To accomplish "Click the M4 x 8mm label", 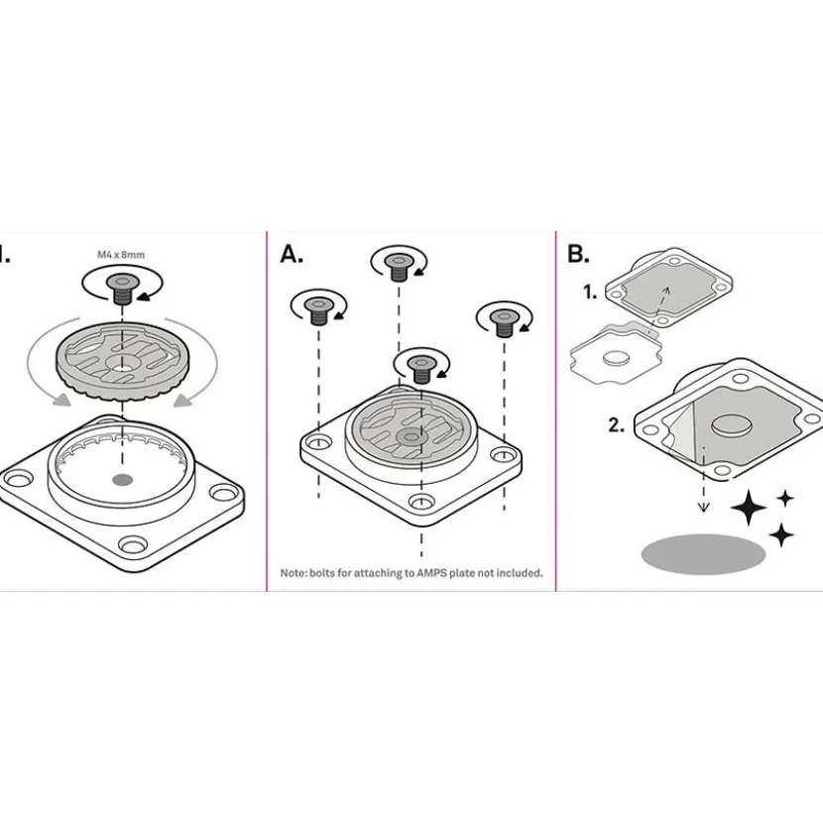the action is [x=121, y=255].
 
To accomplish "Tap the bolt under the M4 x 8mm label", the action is [x=122, y=290].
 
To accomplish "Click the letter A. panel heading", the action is [x=292, y=254].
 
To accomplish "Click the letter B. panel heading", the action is [x=578, y=254].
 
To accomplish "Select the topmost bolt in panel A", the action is [x=399, y=267].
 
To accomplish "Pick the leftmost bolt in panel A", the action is [x=318, y=311].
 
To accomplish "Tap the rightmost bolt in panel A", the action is [x=505, y=323].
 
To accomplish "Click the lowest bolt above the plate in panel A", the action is [x=421, y=370].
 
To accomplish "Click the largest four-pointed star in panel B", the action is [x=749, y=507].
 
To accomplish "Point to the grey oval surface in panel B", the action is [x=703, y=553].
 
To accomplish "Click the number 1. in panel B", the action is [x=590, y=292].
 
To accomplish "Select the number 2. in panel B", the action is [x=616, y=424].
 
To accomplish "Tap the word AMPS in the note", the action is [x=431, y=573].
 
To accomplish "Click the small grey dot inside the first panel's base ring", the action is [x=122, y=479].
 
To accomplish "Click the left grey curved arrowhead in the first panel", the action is [x=60, y=400].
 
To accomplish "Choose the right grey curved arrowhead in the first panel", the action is [x=183, y=400].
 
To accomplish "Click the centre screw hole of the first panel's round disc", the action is [x=122, y=363].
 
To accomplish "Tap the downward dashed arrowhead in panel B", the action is [x=703, y=507].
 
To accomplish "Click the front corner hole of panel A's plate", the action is [x=421, y=502].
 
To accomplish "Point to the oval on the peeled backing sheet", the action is [x=616, y=359].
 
